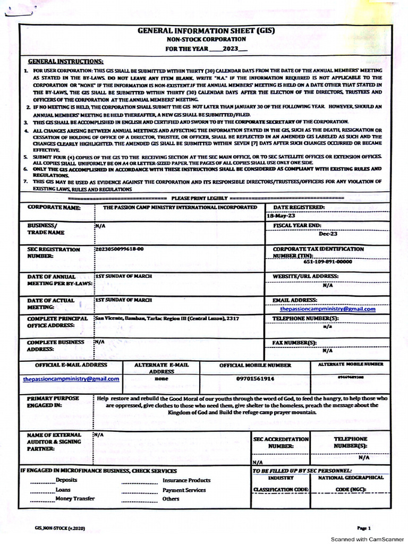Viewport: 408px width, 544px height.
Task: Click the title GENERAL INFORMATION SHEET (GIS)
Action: click(206, 31)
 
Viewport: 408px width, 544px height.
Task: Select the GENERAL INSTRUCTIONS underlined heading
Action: click(65, 62)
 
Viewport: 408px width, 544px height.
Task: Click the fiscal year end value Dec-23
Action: click(328, 234)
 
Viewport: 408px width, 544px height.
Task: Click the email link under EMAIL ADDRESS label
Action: click(327, 309)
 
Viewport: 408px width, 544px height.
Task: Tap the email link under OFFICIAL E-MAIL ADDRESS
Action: click(71, 379)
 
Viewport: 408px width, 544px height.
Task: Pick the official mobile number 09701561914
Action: click(255, 379)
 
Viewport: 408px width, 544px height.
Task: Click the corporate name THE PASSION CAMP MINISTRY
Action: click(180, 207)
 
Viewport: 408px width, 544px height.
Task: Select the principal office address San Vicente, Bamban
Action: click(166, 318)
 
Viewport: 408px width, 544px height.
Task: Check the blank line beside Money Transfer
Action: click(42, 499)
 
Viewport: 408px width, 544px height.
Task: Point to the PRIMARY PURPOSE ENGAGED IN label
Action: click(53, 402)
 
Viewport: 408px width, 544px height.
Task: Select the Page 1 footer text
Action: click(363, 528)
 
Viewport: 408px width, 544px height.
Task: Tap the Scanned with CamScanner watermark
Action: click(367, 539)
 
